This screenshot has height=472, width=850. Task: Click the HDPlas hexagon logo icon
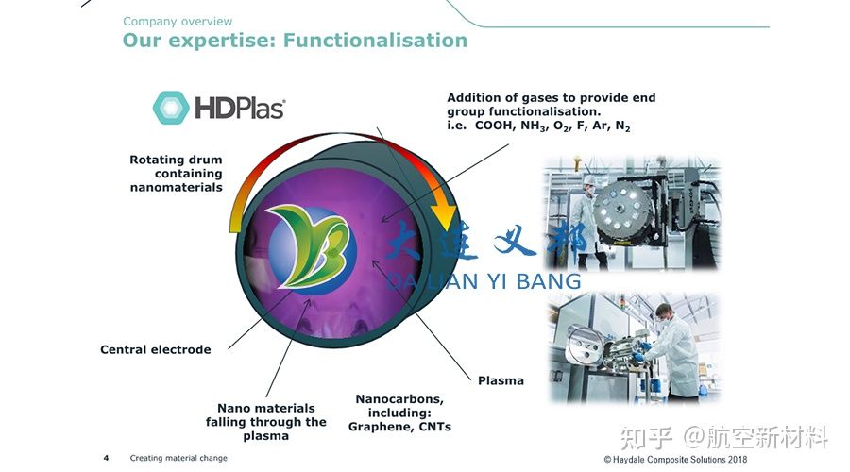(171, 108)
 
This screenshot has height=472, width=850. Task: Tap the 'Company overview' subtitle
(178, 22)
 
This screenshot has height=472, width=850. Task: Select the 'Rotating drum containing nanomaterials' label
(177, 174)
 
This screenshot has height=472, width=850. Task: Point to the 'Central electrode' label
(156, 349)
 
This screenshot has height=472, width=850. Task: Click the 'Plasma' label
(501, 380)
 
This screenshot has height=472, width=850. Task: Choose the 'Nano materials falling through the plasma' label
(266, 422)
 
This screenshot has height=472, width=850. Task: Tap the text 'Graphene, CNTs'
(399, 427)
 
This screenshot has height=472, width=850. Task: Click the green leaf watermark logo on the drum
(312, 244)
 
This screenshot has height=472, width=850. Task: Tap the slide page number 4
(106, 458)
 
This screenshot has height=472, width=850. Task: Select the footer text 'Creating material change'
(178, 458)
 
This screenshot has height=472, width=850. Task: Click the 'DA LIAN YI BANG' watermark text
(484, 279)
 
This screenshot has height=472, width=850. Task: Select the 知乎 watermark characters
(645, 437)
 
